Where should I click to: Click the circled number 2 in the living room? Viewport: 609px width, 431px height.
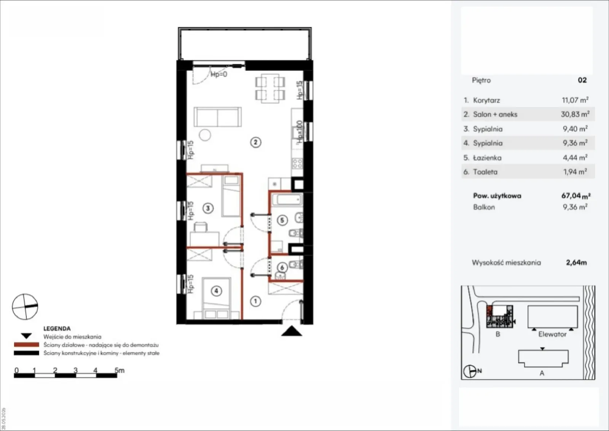tap(255, 142)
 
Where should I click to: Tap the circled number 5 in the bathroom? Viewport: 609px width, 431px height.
tap(282, 220)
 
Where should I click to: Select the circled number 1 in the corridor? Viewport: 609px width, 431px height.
tap(255, 301)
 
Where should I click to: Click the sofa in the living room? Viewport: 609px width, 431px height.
tap(217, 117)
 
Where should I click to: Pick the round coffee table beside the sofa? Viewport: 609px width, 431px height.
tap(205, 135)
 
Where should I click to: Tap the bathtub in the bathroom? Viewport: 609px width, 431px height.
tap(287, 200)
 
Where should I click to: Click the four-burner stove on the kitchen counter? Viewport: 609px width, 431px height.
tap(297, 164)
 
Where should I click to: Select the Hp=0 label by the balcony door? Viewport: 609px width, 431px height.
tap(219, 74)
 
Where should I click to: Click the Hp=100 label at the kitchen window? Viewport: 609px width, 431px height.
tap(299, 132)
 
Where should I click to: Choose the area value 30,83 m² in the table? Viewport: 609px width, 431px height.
tap(575, 114)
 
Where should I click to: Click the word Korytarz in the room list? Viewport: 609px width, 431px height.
tap(486, 101)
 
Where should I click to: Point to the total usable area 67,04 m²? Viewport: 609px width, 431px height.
tap(576, 196)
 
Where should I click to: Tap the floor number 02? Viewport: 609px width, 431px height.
tap(582, 80)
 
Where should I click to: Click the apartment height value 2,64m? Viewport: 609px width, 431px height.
tap(576, 262)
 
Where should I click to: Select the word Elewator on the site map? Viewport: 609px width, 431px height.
tap(552, 334)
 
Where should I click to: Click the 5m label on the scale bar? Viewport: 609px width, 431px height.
tap(120, 370)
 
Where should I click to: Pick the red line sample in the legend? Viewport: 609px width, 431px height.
tap(27, 345)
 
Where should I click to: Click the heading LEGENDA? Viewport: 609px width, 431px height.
tap(57, 329)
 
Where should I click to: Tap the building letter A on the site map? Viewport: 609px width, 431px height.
tap(542, 373)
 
